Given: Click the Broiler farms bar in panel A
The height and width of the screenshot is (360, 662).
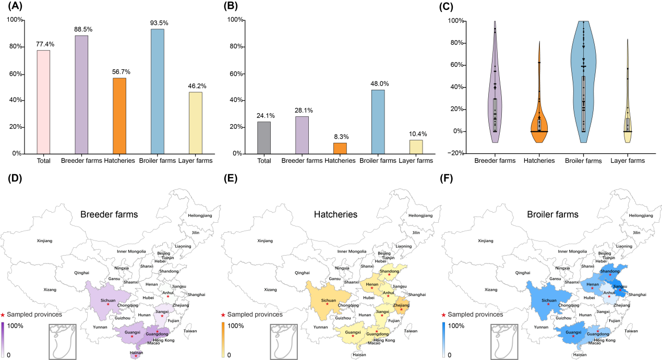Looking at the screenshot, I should pyautogui.click(x=158, y=91).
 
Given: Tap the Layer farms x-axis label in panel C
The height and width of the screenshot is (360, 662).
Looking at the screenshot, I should pyautogui.click(x=628, y=161).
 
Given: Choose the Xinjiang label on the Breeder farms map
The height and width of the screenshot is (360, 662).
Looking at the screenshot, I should pyautogui.click(x=45, y=241).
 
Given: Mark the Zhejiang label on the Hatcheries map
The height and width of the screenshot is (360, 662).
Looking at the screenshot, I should pyautogui.click(x=402, y=305).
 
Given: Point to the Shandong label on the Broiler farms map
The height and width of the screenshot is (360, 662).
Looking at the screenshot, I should pyautogui.click(x=609, y=271).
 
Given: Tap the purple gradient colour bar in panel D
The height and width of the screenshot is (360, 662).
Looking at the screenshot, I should pyautogui.click(x=3, y=339).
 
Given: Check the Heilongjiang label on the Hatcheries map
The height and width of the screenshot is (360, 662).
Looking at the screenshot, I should pyautogui.click(x=420, y=215).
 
